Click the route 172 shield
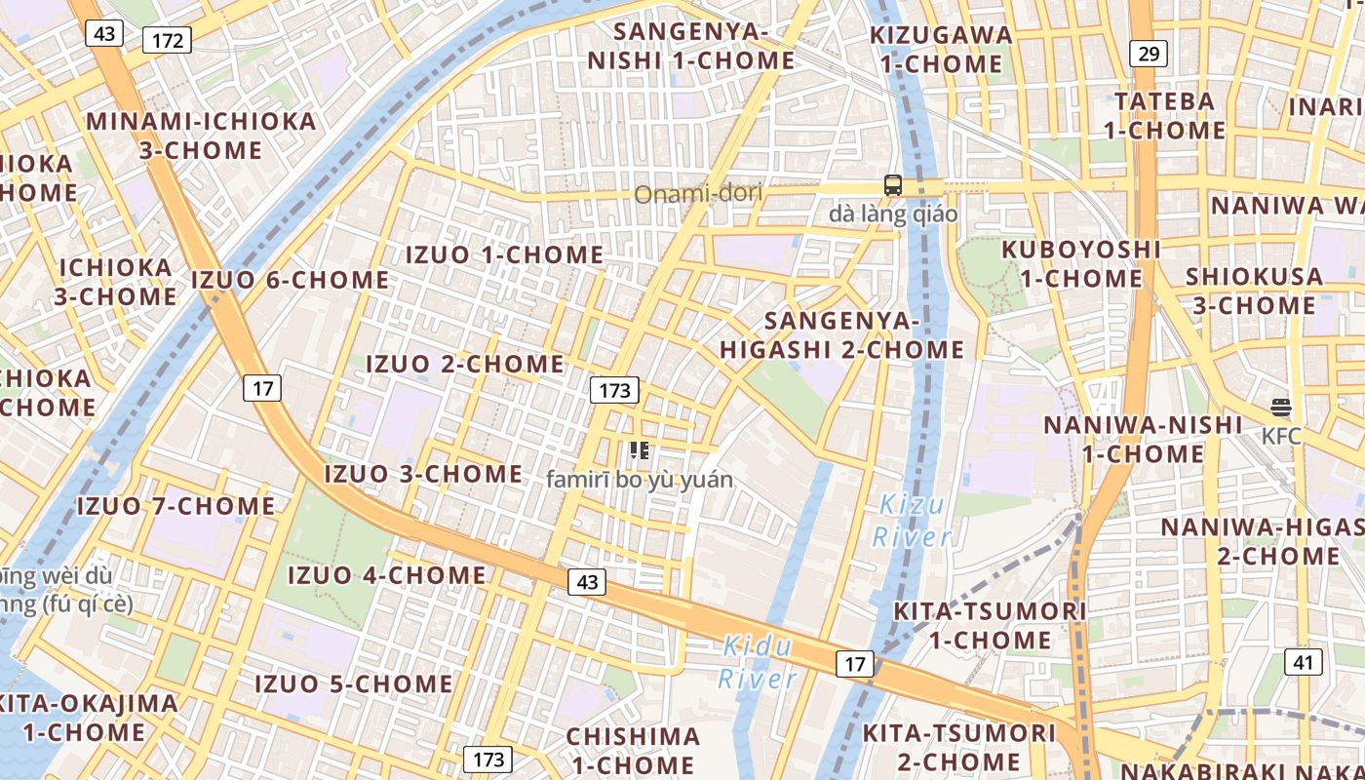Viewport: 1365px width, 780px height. point(167,40)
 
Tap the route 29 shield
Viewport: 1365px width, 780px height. point(1149,54)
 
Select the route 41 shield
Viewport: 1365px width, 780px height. point(1305,663)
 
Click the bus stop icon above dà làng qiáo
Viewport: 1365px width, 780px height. point(893,184)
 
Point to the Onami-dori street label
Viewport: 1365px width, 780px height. point(698,194)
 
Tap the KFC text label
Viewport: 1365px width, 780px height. point(1281,436)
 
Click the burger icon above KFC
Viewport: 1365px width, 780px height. point(1281,408)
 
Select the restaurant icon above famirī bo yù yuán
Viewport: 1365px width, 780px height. point(640,450)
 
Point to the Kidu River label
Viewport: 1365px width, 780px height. point(758,662)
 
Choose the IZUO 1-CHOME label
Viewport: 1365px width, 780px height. point(504,254)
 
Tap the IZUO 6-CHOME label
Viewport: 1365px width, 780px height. point(291,280)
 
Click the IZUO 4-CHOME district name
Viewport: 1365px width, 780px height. point(386,575)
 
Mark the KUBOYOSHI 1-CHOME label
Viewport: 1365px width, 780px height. point(1081,263)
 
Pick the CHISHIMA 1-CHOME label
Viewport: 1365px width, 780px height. point(633,750)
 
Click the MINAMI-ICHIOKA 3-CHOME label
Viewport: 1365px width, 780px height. point(201,136)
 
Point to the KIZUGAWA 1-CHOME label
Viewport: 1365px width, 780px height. point(941,50)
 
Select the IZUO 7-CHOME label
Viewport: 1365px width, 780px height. point(175,506)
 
